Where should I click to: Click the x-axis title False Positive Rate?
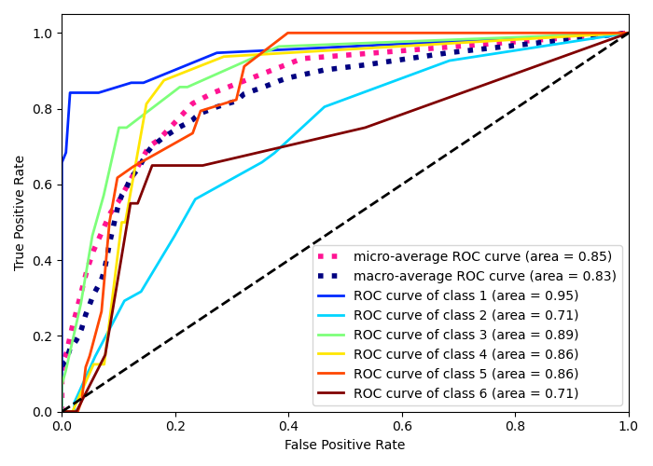point(345,445)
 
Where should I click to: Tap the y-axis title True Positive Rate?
point(21,212)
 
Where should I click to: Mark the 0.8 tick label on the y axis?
point(44,109)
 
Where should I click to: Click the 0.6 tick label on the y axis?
point(44,185)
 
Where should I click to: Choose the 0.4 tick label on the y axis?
point(44,260)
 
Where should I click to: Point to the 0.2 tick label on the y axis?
point(44,336)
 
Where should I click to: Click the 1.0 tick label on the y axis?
point(44,34)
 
